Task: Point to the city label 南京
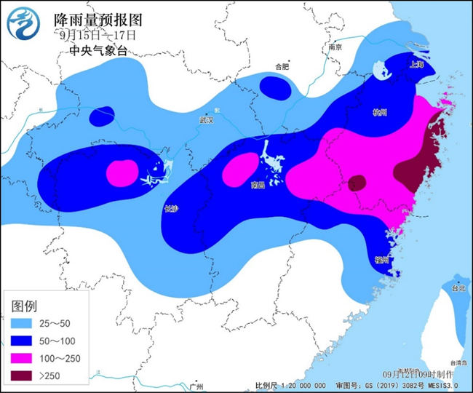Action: [x=335, y=47]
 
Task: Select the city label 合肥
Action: [x=281, y=67]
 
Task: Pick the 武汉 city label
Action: [x=207, y=120]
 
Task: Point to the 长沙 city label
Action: [x=170, y=209]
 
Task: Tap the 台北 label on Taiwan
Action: [x=457, y=288]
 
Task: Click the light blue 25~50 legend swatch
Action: [x=22, y=323]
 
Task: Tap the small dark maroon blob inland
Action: [x=357, y=182]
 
